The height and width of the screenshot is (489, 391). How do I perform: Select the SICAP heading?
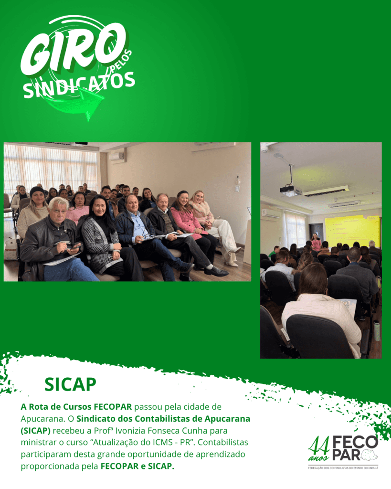[70, 384]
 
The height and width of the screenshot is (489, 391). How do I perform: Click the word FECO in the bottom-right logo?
[355, 442]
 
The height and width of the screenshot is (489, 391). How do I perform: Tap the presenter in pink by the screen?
[316, 242]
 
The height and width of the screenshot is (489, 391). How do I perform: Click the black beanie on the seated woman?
[37, 191]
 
